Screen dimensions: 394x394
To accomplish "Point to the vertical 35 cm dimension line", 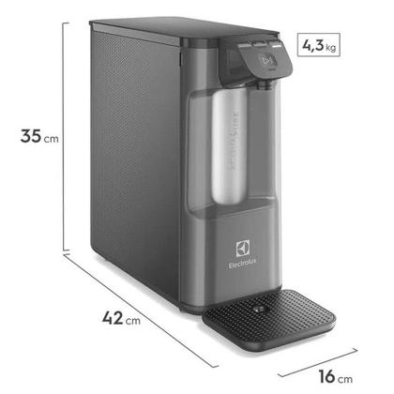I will (x=65, y=141).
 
